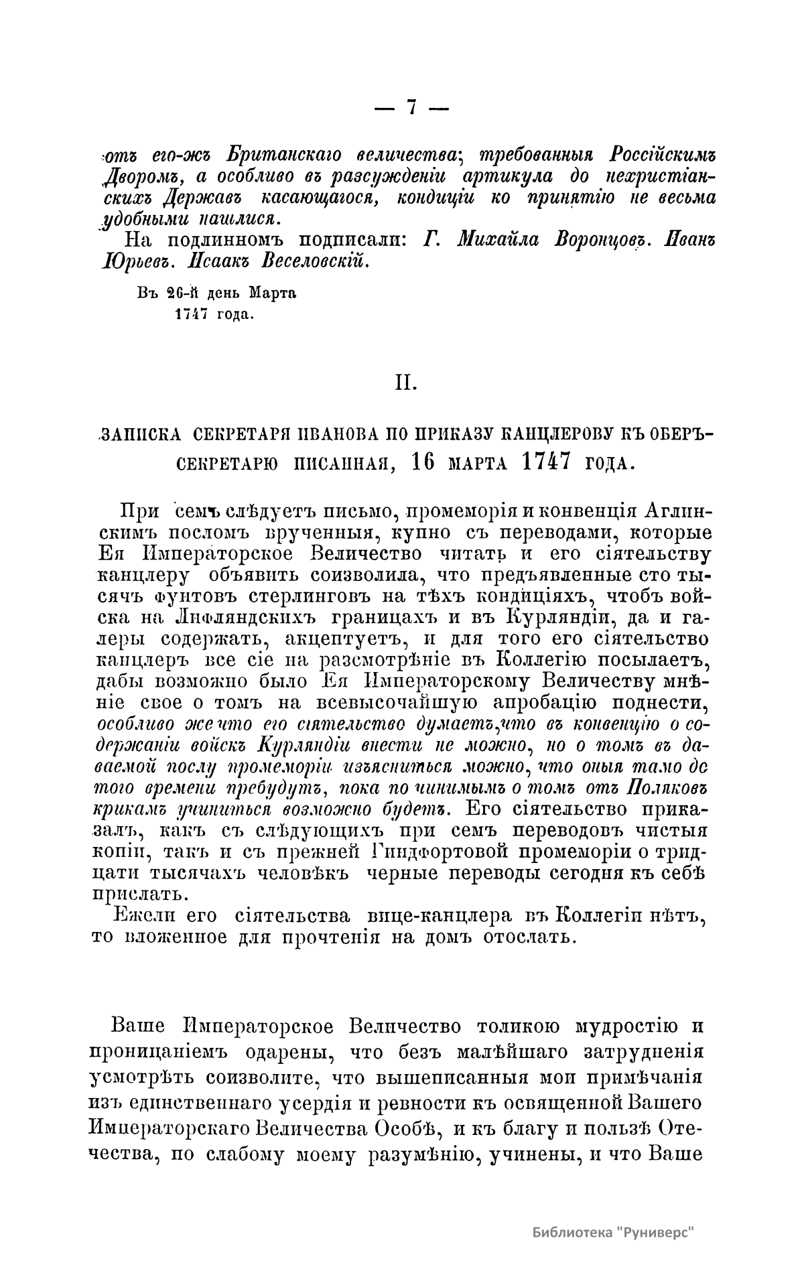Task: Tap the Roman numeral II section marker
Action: coord(405,383)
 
